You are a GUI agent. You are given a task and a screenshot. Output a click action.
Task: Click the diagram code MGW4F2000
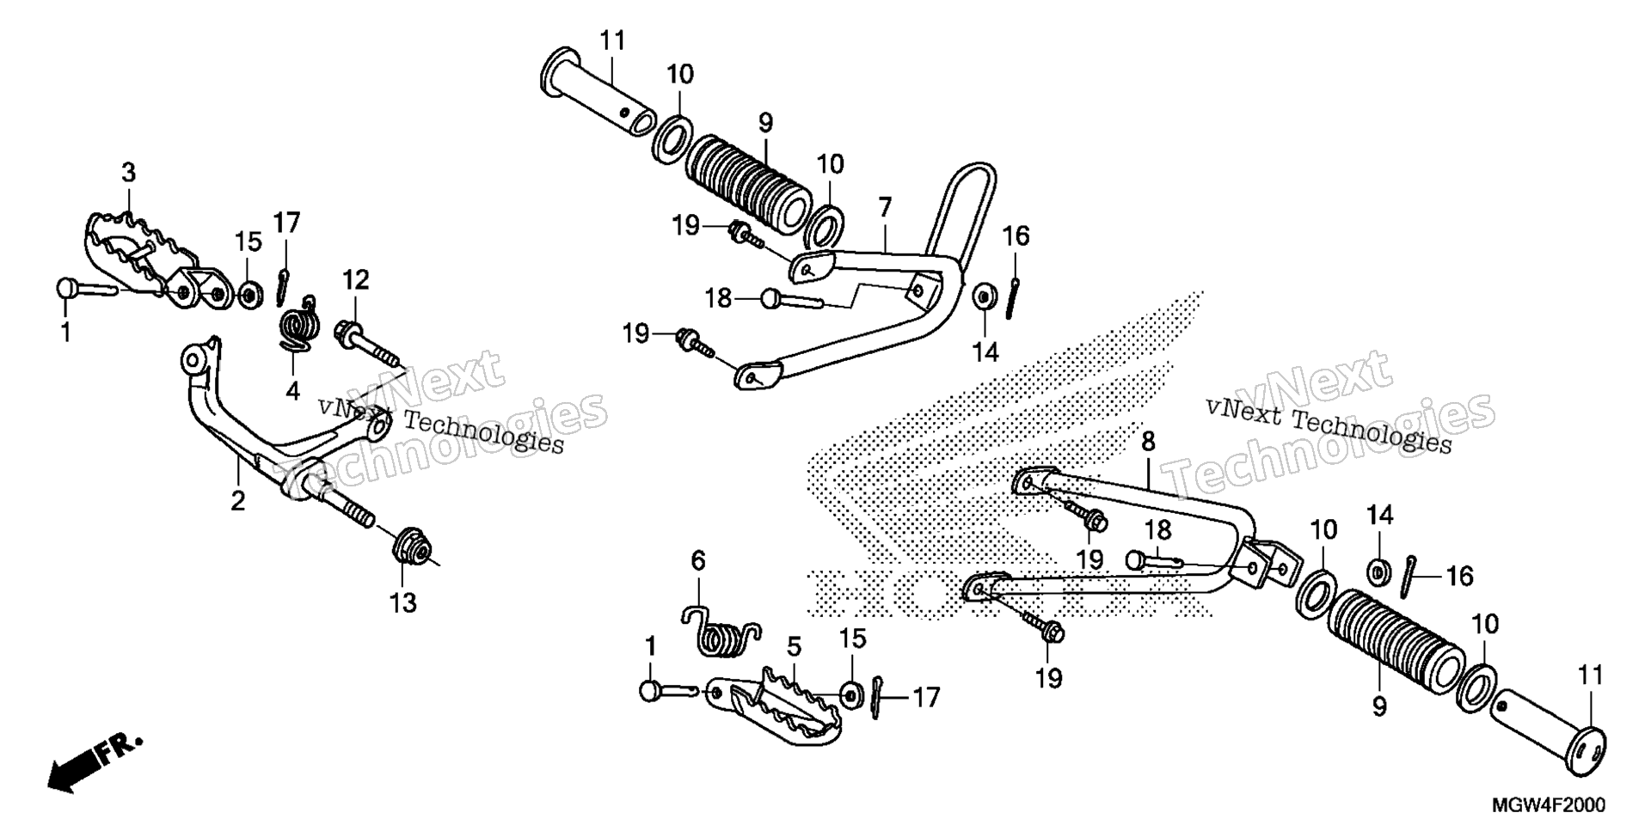point(1548,805)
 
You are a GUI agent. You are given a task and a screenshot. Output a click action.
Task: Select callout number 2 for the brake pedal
point(237,501)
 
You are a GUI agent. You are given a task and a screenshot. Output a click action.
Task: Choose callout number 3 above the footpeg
point(128,173)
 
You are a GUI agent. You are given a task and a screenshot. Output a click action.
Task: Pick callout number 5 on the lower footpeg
point(793,645)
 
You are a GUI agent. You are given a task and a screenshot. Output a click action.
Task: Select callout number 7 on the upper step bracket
point(885,207)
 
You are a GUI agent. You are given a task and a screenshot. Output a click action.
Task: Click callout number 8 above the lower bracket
point(1148,443)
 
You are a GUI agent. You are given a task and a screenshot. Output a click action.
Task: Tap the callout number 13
point(403,602)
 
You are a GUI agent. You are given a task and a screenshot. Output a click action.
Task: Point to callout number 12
point(356,280)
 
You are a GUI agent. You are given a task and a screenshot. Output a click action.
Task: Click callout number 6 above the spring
point(697,561)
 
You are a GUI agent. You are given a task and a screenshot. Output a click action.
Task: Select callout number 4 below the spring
point(292,391)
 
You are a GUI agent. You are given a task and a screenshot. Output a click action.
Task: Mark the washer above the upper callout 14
point(982,296)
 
